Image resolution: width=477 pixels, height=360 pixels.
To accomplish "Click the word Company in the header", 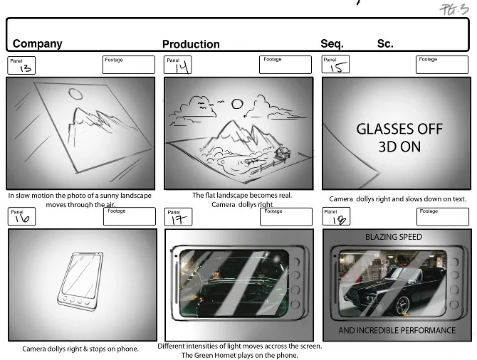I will point(37,43).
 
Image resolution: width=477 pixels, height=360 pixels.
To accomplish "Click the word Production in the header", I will point(191,44).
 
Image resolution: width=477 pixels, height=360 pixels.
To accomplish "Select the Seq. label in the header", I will point(332,43).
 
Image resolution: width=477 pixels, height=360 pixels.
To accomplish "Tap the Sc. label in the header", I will point(385,43).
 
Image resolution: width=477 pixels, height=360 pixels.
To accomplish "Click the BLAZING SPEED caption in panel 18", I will point(393,237).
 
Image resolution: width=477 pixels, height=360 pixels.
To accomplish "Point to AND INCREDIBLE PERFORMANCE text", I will point(397,331).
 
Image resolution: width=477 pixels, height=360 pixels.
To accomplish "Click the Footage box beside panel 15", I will point(442,65).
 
